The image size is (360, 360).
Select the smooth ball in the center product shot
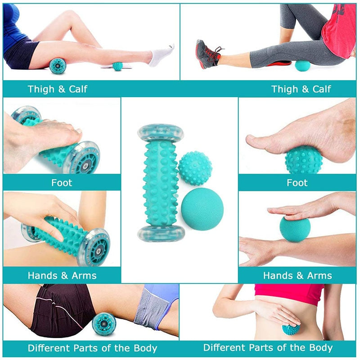(202, 209)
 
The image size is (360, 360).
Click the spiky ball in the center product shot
(195, 168)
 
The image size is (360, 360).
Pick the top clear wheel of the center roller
(161, 133)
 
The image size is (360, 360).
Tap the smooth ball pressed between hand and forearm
(295, 229)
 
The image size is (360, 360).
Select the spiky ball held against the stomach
(291, 328)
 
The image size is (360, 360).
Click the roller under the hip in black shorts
(104, 324)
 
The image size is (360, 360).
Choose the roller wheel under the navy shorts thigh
(58, 66)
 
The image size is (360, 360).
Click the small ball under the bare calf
(117, 66)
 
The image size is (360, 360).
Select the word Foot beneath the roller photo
(62, 183)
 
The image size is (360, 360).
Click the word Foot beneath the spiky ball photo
(297, 183)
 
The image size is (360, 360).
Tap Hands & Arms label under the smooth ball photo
(297, 275)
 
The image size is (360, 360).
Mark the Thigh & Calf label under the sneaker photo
(301, 89)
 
